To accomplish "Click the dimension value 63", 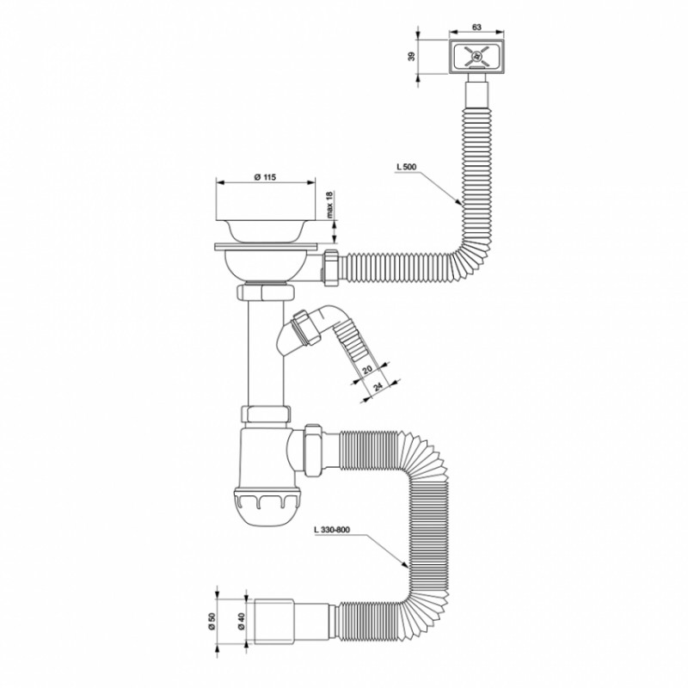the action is coord(476,28).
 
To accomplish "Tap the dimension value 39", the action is coord(411,56).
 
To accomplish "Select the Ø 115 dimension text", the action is coord(265,177).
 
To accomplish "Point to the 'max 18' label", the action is coord(329,204).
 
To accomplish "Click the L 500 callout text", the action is coord(406,167).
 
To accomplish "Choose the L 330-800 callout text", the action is coord(332,530).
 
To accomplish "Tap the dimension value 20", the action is coord(368,369).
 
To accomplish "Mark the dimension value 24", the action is coord(378,386).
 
